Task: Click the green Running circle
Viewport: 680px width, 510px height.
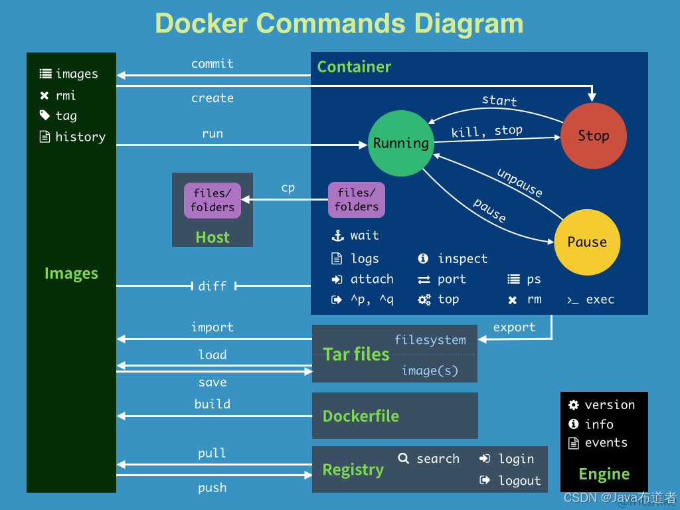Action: (400, 143)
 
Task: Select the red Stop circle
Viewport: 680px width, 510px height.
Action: (593, 135)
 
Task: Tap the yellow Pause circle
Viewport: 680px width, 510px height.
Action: (587, 242)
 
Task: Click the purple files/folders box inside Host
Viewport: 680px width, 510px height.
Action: (212, 200)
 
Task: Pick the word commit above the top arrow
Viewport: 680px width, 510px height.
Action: (212, 64)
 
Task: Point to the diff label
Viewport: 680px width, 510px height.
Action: (212, 286)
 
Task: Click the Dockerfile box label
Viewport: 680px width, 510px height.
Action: (361, 416)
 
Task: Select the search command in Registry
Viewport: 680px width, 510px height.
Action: (438, 458)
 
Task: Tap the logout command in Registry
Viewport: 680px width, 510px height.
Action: (519, 481)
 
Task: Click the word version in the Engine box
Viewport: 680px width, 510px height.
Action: (610, 404)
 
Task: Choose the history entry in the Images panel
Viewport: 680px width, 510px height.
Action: (80, 137)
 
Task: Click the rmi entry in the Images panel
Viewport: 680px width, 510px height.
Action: (66, 95)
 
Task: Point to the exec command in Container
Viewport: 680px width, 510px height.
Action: (600, 299)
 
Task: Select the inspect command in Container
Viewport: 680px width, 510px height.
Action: (462, 259)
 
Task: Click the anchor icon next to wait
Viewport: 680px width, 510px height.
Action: (337, 236)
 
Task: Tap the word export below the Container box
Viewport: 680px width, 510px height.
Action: (514, 327)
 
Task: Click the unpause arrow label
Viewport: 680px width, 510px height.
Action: (520, 183)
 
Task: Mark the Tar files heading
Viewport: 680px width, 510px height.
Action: (356, 355)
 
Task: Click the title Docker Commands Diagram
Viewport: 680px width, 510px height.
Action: (339, 23)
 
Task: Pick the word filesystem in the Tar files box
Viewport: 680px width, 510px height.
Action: (430, 340)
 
